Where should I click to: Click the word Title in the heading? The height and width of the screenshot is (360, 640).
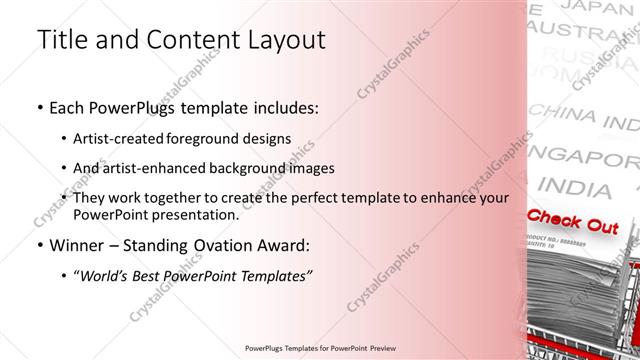[61, 40]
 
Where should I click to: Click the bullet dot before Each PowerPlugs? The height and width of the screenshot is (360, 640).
[39, 107]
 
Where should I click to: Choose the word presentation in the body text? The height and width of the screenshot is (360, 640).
[196, 214]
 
